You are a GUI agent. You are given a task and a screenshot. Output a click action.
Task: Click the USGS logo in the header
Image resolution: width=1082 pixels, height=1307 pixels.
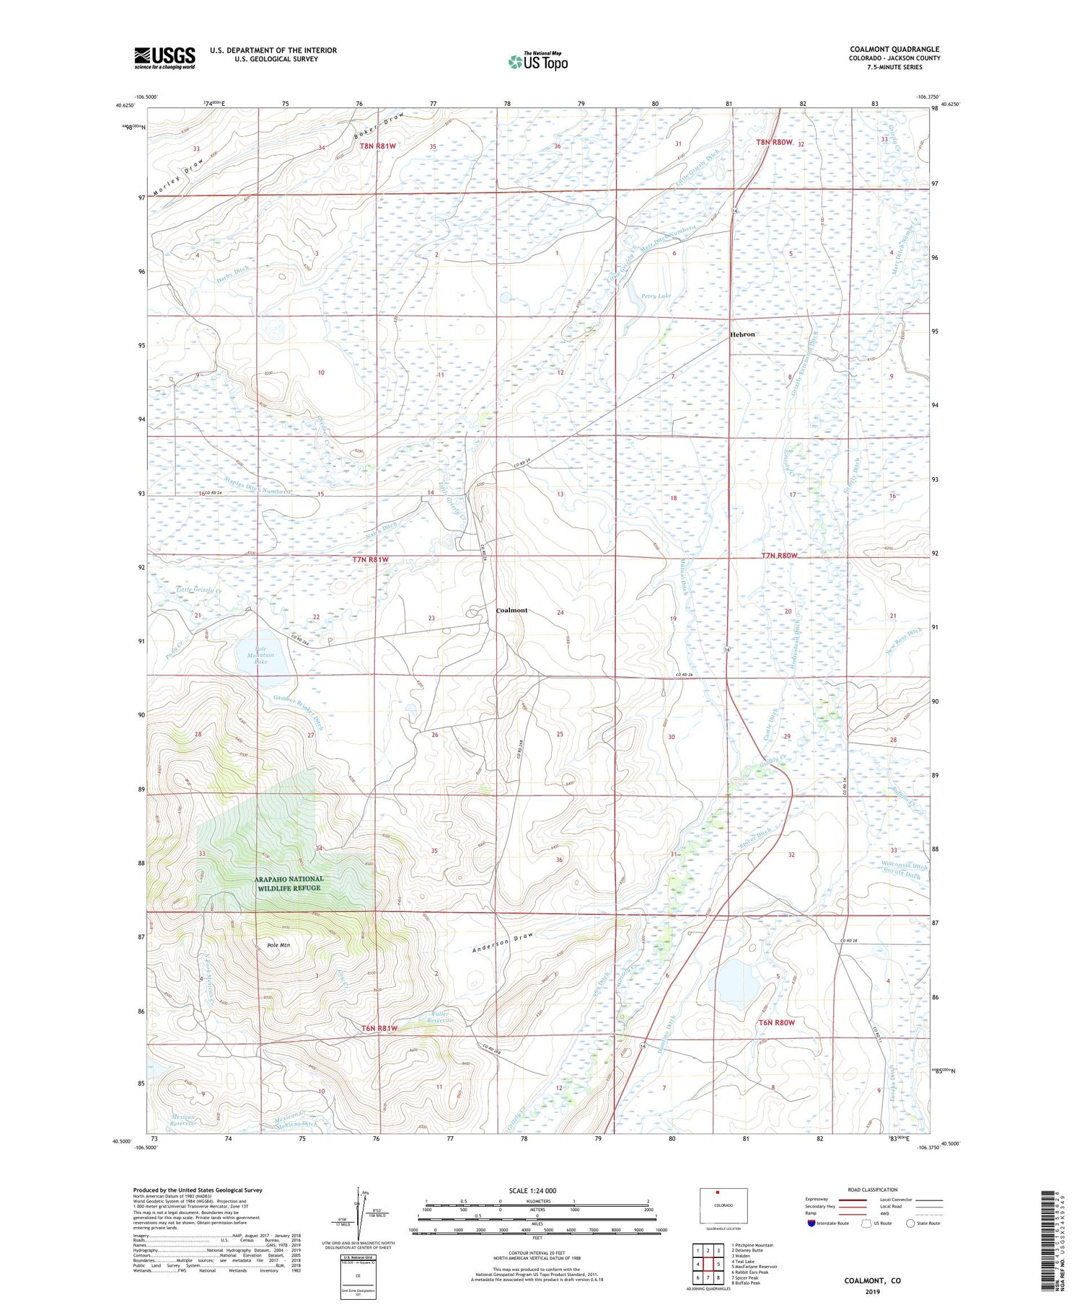tap(164, 58)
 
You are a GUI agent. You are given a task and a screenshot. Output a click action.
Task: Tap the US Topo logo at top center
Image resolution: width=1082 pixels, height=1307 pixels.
tap(538, 61)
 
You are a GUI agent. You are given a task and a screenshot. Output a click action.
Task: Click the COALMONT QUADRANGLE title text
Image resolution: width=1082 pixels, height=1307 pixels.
tap(894, 49)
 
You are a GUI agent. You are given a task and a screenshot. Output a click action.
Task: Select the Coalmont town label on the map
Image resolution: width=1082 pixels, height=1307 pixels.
tap(512, 611)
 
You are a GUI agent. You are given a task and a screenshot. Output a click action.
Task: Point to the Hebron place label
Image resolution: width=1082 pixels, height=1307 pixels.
tap(742, 334)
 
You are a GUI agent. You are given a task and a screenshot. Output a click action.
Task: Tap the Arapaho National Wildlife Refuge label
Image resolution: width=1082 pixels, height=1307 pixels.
tap(278, 883)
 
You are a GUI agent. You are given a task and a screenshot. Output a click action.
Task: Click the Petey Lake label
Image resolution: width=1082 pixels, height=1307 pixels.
tap(656, 296)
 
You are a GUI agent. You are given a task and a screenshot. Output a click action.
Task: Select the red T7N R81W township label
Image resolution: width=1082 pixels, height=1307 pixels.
tap(371, 559)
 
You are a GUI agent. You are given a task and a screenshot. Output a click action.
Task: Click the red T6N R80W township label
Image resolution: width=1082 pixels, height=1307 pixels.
tap(776, 1022)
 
